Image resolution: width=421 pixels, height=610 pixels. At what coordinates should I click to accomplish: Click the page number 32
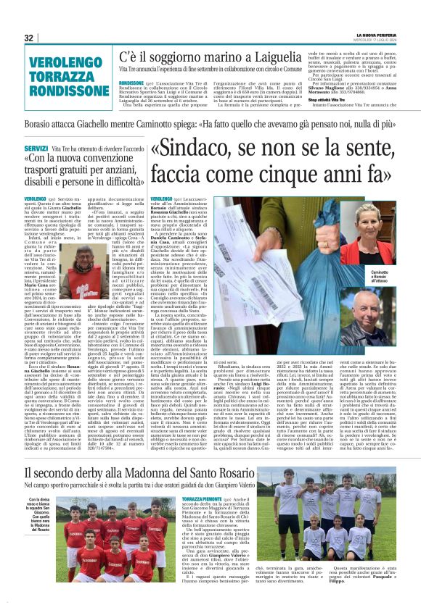29,38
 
